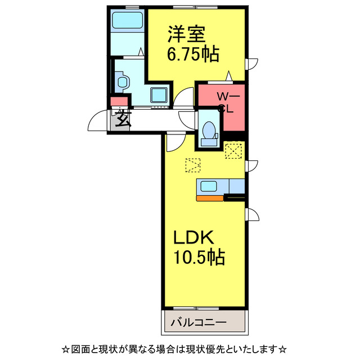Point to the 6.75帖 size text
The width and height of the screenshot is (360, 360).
click(192, 55)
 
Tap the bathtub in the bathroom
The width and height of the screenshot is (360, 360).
click(127, 21)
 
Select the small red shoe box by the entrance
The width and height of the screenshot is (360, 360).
click(118, 102)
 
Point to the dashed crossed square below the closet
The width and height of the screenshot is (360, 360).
click(232, 150)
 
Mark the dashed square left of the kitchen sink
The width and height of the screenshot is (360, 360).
click(192, 166)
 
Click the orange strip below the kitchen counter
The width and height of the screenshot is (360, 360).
click(209, 197)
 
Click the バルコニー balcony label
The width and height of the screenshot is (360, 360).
click(198, 324)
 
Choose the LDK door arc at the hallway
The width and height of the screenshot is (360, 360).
click(173, 141)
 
